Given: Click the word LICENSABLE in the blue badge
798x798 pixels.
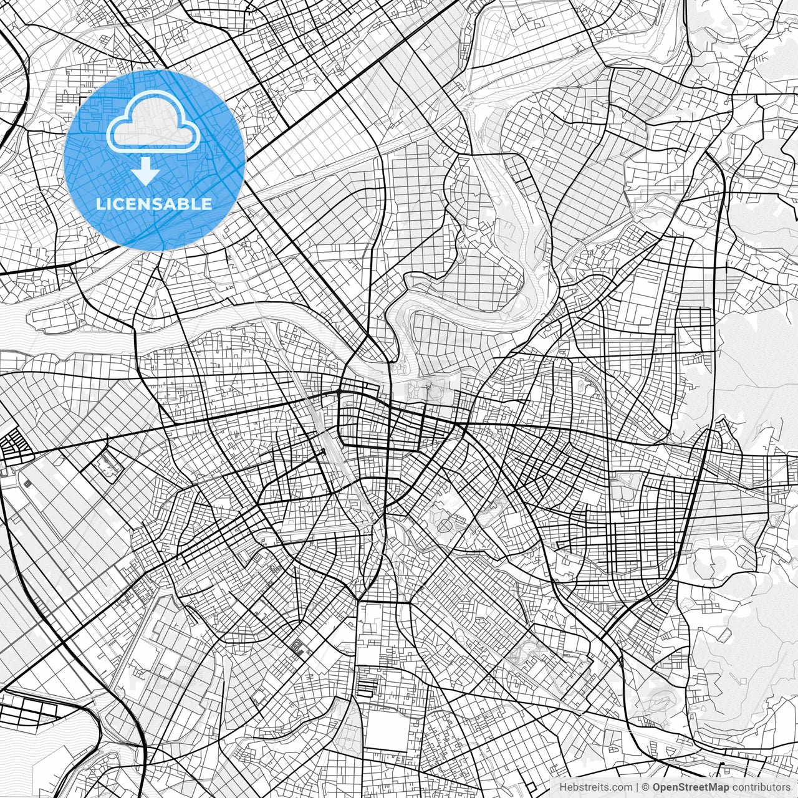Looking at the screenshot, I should pos(154,204).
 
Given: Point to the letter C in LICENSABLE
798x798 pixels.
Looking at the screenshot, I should pos(118,204).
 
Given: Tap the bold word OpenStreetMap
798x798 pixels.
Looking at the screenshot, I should pos(690,787).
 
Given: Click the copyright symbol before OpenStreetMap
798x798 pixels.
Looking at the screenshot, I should pos(647,787).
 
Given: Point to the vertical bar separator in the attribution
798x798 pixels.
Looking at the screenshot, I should pos(638,787).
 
